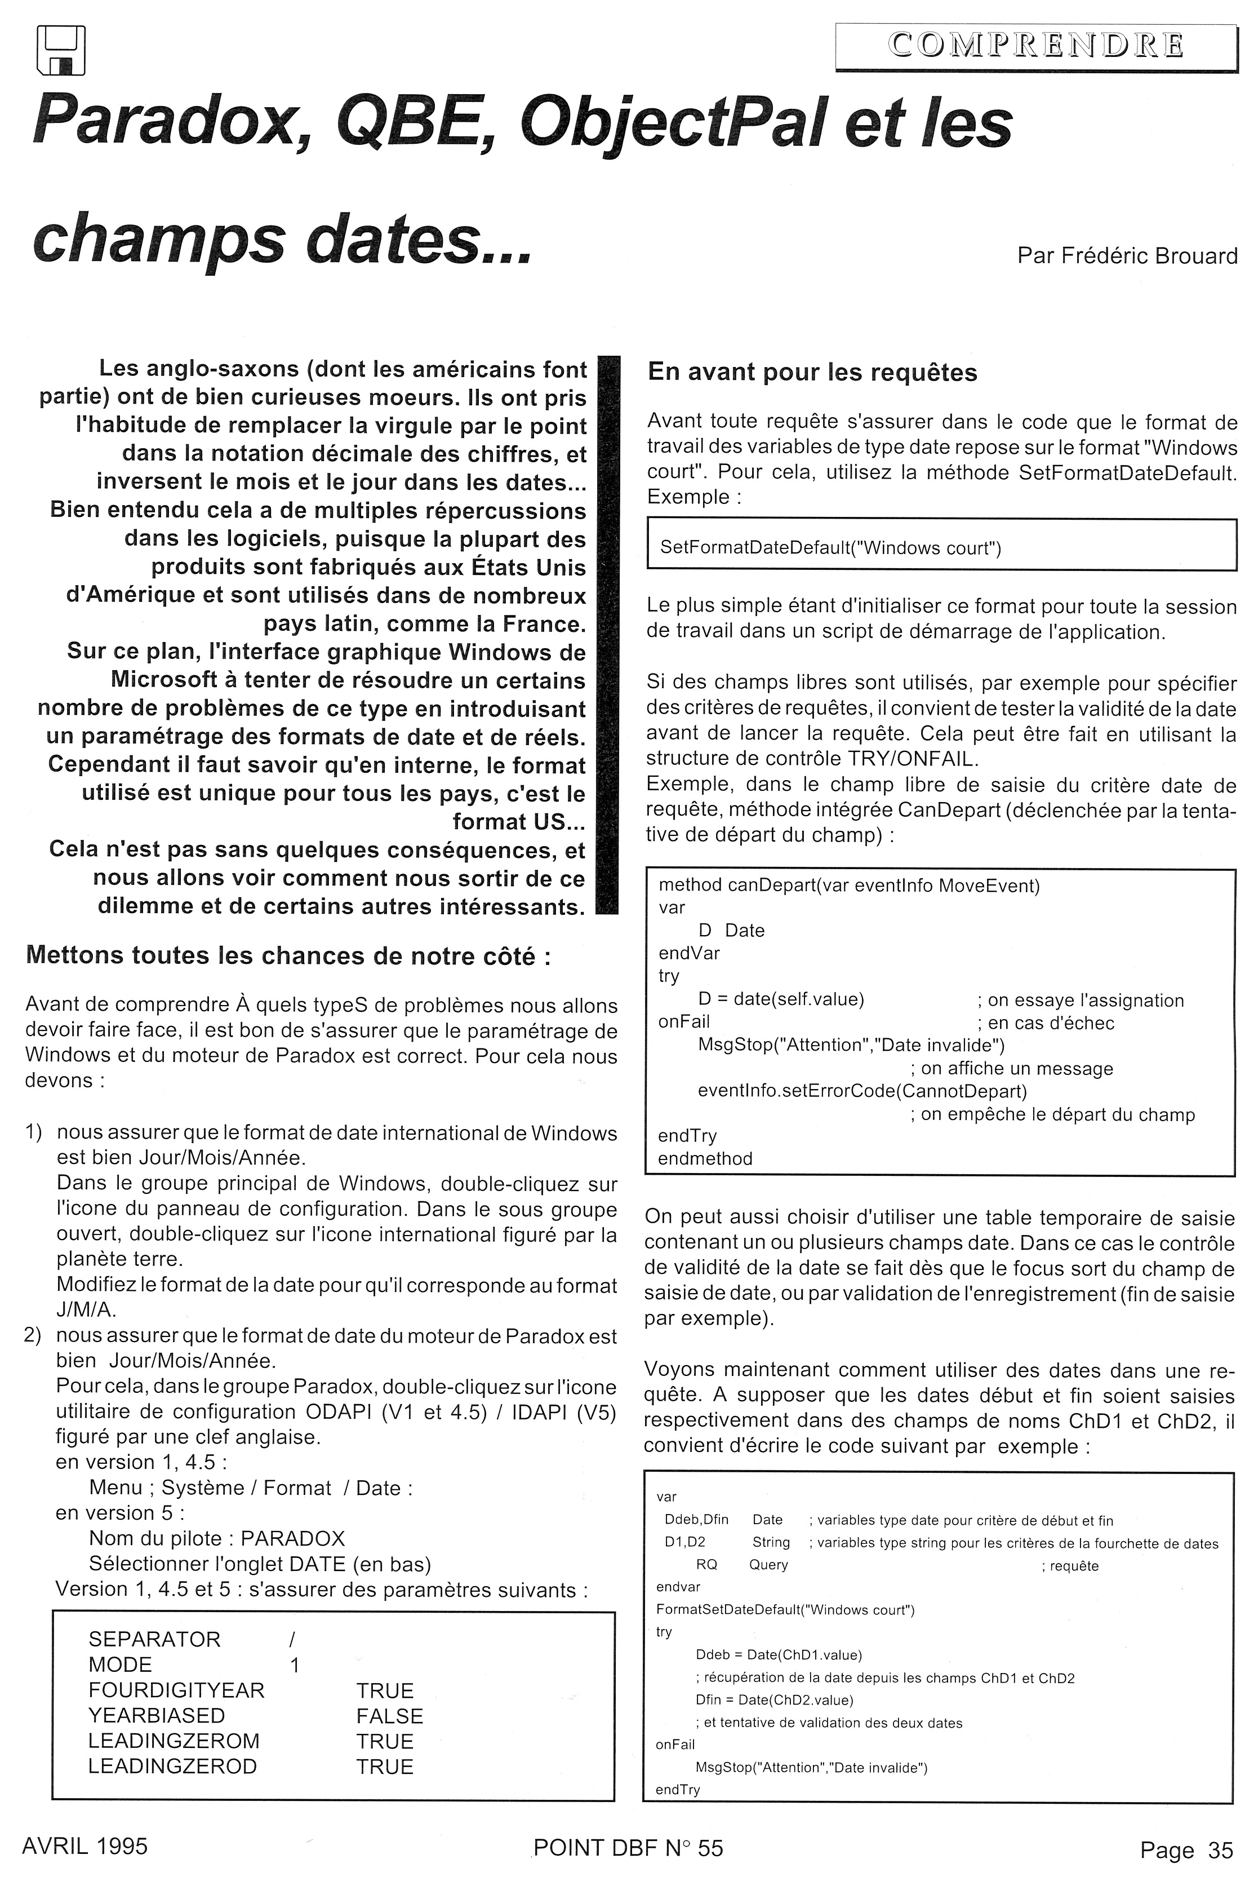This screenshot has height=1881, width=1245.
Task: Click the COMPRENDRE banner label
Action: pyautogui.click(x=1035, y=46)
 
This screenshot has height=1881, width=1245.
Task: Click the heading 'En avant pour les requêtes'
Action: pyautogui.click(x=812, y=373)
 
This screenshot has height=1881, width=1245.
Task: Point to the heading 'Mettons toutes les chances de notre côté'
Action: pyautogui.click(x=288, y=955)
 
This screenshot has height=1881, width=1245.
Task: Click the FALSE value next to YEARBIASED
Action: pyautogui.click(x=389, y=1716)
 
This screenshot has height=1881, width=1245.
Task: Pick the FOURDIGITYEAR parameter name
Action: pyautogui.click(x=176, y=1690)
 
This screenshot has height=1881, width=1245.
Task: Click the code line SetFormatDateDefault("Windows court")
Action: pyautogui.click(x=830, y=548)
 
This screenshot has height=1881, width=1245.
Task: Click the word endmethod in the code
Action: pyautogui.click(x=705, y=1158)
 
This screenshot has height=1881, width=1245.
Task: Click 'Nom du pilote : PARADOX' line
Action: pyautogui.click(x=217, y=1539)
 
